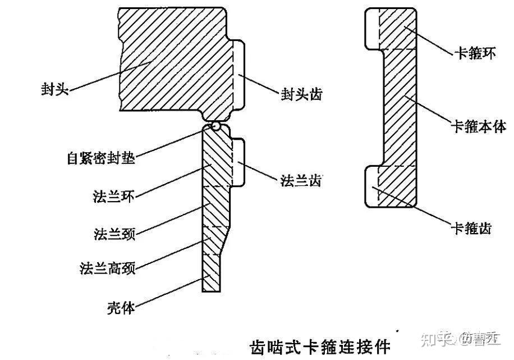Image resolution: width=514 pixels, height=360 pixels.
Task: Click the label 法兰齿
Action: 301,181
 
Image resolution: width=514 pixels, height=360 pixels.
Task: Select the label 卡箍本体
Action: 479,127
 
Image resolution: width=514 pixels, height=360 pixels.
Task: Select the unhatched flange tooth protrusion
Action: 238,163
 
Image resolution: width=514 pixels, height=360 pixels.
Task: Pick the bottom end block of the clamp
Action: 391,187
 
